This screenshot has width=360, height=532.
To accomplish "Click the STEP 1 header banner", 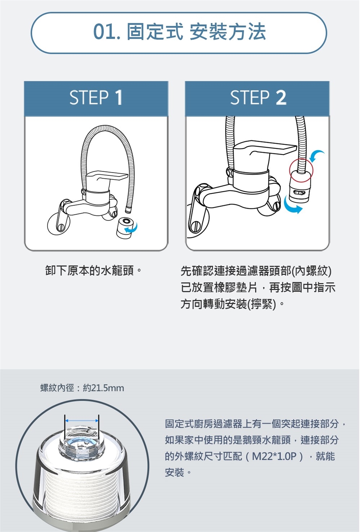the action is [x=96, y=99].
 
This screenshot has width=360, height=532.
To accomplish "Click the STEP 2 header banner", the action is [x=257, y=99].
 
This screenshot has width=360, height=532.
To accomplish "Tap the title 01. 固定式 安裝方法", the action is [x=179, y=32].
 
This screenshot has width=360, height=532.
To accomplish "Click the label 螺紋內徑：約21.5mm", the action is [x=82, y=388].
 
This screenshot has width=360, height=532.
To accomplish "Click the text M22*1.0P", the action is [x=274, y=456].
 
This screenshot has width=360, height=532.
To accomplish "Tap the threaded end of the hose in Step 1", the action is [x=128, y=210].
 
